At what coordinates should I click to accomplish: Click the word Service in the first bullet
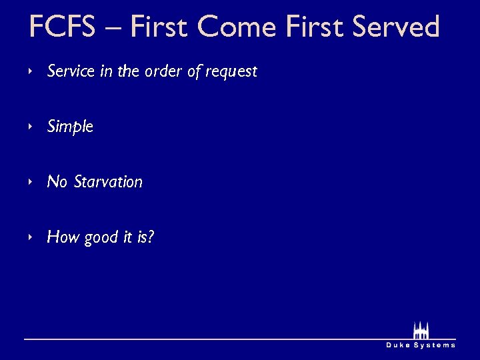(71, 71)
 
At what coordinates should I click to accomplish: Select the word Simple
(70, 127)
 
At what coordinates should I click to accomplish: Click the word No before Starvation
(57, 181)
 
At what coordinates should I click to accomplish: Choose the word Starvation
(109, 181)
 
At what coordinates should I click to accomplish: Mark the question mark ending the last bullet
(151, 237)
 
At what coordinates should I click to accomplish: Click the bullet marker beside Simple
(31, 127)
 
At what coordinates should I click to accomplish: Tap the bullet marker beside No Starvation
(31, 181)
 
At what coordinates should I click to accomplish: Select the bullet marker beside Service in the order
(31, 71)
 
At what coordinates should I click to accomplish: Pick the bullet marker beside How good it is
(31, 237)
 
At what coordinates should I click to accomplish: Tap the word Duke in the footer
(399, 345)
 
